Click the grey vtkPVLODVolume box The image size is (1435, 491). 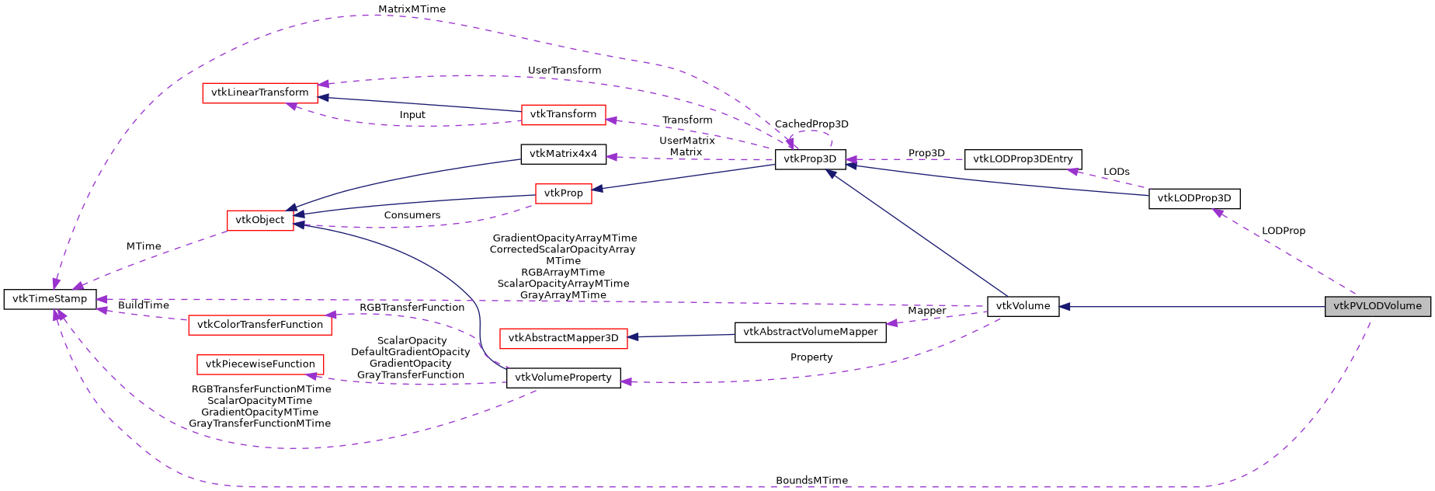coord(1377,306)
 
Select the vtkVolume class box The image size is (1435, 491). coord(1023,306)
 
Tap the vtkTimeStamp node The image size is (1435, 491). coord(50,299)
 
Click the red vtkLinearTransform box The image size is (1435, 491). coord(259,92)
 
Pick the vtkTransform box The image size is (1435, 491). coord(563,114)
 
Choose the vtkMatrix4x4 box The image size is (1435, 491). coord(563,154)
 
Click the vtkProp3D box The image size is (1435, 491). coord(810,159)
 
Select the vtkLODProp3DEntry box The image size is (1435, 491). coord(1023,159)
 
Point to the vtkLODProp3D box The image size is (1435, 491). coord(1194,198)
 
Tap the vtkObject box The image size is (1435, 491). coord(259,220)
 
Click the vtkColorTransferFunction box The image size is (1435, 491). coord(259,325)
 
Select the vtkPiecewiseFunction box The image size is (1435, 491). coord(259,364)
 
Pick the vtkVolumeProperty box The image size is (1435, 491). coord(563,378)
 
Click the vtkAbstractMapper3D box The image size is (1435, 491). coord(563,338)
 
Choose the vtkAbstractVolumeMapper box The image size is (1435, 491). coord(810,332)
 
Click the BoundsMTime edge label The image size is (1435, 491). coord(811,480)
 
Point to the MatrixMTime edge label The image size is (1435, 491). coord(412,9)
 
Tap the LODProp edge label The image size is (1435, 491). coord(1283,231)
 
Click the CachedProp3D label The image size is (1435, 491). coord(811,124)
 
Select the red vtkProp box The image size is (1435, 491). coord(563,193)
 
